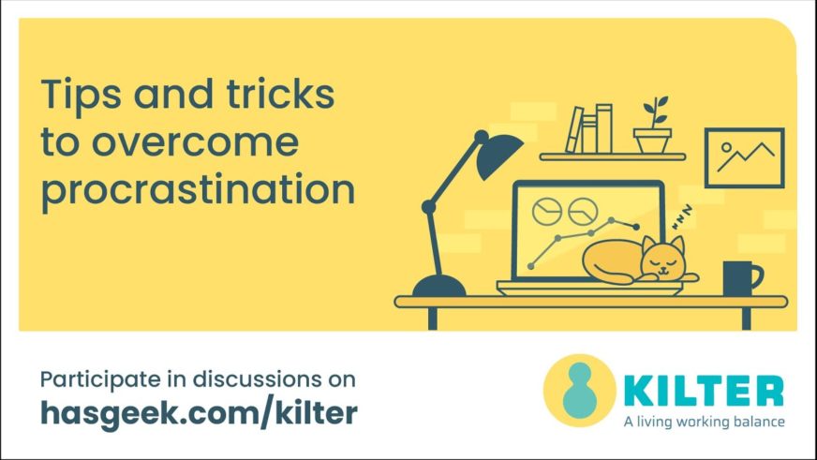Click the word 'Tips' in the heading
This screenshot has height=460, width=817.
click(82, 96)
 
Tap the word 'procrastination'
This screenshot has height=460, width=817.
click(198, 190)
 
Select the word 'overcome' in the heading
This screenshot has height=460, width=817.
click(196, 142)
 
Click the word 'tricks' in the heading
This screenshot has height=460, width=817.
click(280, 94)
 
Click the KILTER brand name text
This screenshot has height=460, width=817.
click(704, 391)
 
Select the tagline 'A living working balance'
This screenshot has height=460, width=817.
click(704, 421)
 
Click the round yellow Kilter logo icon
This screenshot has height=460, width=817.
click(579, 391)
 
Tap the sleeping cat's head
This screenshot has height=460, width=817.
click(663, 258)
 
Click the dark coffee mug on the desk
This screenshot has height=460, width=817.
click(742, 278)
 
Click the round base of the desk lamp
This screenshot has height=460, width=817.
click(438, 287)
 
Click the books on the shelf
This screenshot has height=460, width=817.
click(589, 128)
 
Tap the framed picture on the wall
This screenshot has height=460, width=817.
click(745, 157)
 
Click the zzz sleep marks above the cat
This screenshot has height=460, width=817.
click(683, 216)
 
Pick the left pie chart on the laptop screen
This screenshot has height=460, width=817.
click(547, 212)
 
